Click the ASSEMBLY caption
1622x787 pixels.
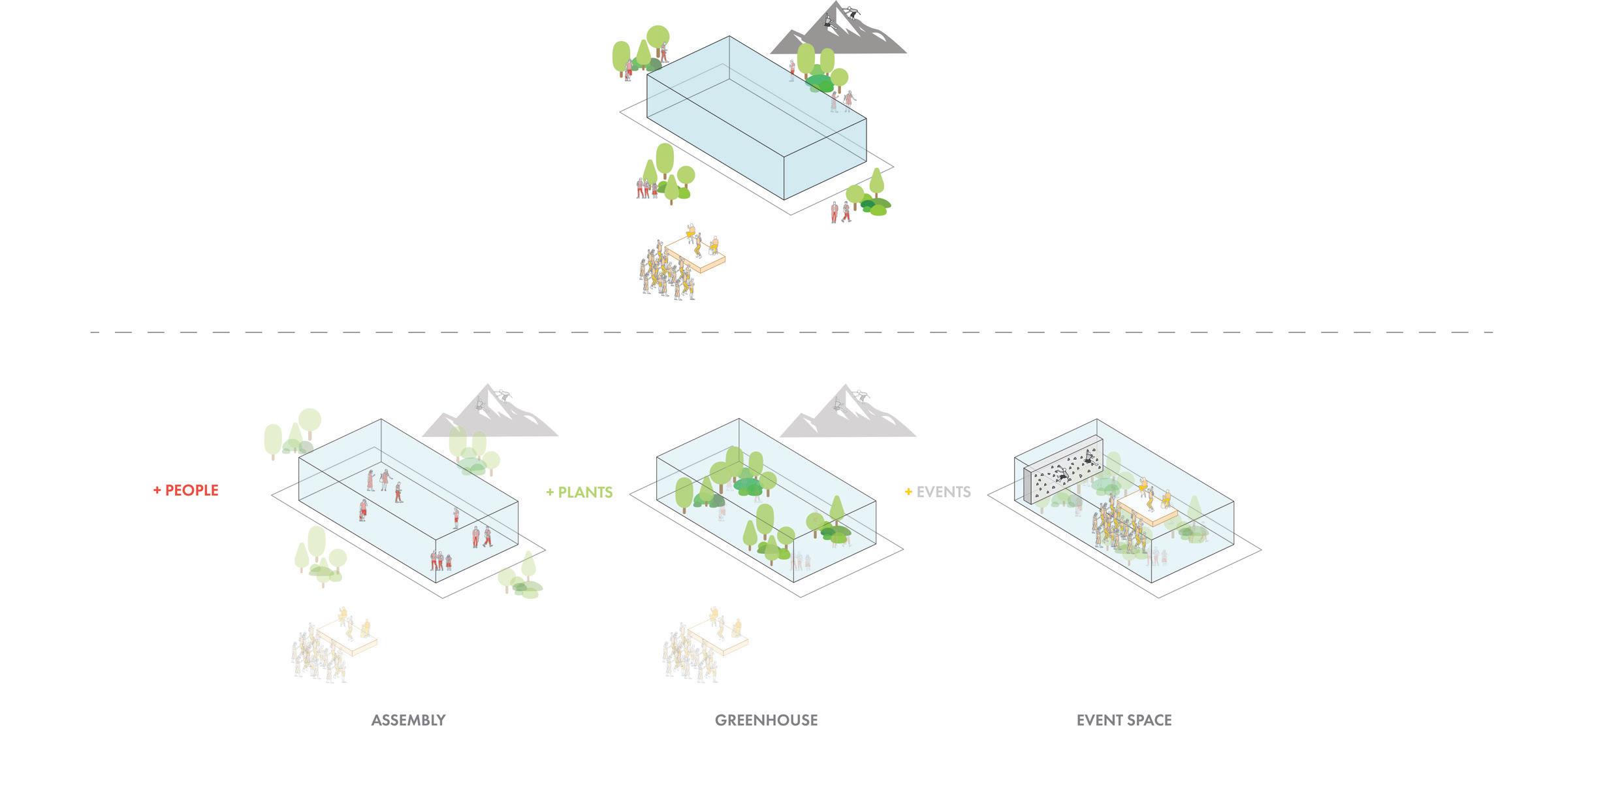pos(408,720)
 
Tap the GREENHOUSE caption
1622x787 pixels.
pos(766,720)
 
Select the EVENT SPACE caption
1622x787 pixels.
pos(1124,720)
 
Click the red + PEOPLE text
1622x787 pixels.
pos(186,490)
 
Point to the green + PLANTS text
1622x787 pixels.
pos(579,492)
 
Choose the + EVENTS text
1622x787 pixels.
pos(938,492)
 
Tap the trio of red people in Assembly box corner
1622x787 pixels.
pos(440,560)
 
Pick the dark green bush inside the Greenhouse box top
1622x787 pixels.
pos(748,486)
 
